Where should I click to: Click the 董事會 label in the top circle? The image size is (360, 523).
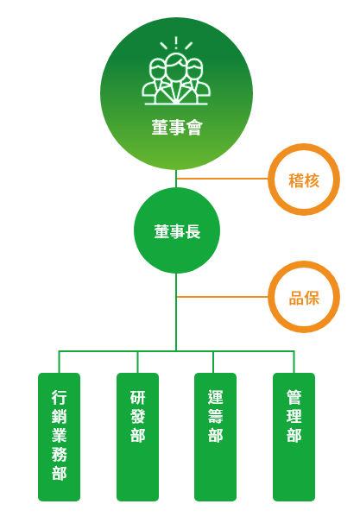(x=177, y=128)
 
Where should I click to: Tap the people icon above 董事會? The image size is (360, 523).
(x=176, y=71)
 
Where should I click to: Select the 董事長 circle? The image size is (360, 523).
(x=177, y=230)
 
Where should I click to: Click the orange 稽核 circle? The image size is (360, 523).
(x=304, y=180)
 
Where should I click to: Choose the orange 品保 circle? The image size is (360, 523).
(x=304, y=297)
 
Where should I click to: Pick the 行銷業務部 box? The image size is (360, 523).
(x=59, y=437)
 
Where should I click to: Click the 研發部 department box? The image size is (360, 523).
(x=137, y=437)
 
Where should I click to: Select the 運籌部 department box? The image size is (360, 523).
(x=215, y=437)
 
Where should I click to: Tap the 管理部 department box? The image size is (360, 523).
(x=294, y=437)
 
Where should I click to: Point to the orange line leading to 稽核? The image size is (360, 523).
(x=223, y=179)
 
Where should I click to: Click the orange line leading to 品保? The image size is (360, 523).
(x=223, y=297)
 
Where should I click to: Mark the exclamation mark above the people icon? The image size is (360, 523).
(x=176, y=42)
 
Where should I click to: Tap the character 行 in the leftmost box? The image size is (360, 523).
(x=59, y=397)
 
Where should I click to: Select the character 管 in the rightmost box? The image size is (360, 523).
(x=294, y=397)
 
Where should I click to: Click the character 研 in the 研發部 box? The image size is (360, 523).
(x=137, y=397)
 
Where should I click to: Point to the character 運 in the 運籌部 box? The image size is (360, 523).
(x=215, y=397)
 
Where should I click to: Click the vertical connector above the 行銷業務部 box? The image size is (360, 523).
(x=59, y=362)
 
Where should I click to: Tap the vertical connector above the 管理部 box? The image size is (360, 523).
(x=294, y=362)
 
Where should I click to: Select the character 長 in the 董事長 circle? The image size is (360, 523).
(x=193, y=231)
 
